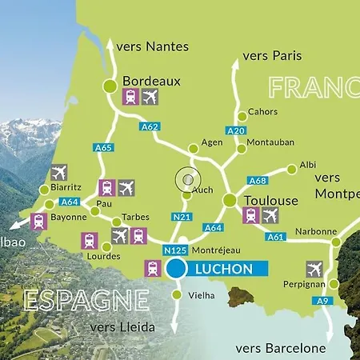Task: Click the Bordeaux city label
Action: tap(151, 81)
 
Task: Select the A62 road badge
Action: tap(150, 126)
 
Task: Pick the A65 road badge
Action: tap(103, 147)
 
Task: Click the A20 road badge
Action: tap(235, 130)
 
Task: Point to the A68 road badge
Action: tap(257, 180)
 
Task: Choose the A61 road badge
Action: tap(275, 237)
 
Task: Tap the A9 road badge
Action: tap(321, 301)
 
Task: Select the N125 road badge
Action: tap(175, 250)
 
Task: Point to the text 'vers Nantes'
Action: tap(152, 46)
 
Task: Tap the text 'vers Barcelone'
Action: tap(281, 348)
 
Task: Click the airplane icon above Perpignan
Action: tap(314, 269)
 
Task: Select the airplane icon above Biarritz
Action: tap(59, 173)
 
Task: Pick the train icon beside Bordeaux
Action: tap(130, 97)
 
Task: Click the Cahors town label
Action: tap(263, 112)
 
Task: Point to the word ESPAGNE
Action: tap(86, 300)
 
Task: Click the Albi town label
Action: tap(307, 165)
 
